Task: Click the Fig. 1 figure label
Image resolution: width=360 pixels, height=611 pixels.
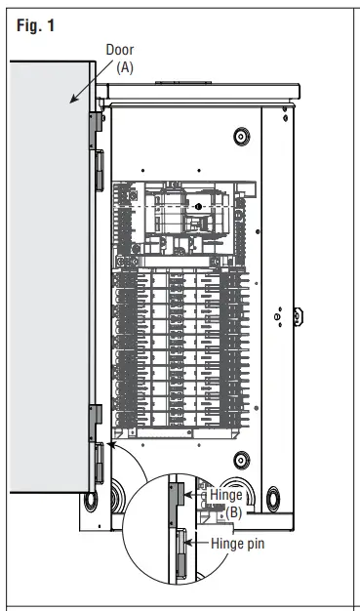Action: point(35,25)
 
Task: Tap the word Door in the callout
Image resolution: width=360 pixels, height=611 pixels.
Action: point(120,50)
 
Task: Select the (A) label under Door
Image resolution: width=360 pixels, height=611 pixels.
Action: point(125,67)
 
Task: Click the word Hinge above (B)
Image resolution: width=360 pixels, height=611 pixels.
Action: point(226,495)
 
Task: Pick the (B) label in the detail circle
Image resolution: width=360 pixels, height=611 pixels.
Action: point(234,512)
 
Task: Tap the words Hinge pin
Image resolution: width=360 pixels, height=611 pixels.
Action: point(238,544)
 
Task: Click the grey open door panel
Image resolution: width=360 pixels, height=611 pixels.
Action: point(50,276)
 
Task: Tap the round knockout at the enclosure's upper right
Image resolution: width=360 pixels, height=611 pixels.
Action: point(242,137)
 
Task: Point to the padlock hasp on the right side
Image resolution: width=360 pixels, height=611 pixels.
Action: point(299,316)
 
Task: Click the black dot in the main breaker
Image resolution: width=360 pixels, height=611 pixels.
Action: point(199,207)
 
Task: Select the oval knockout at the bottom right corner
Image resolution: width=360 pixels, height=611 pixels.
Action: point(273,499)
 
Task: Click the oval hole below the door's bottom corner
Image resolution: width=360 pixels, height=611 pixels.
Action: point(91,502)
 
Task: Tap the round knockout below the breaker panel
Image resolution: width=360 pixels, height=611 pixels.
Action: point(242,460)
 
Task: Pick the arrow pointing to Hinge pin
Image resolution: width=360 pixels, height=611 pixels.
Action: point(197,543)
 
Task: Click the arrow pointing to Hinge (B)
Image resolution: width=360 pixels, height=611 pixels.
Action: point(196,495)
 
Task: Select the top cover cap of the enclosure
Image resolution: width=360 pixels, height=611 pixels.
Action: point(198,92)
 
